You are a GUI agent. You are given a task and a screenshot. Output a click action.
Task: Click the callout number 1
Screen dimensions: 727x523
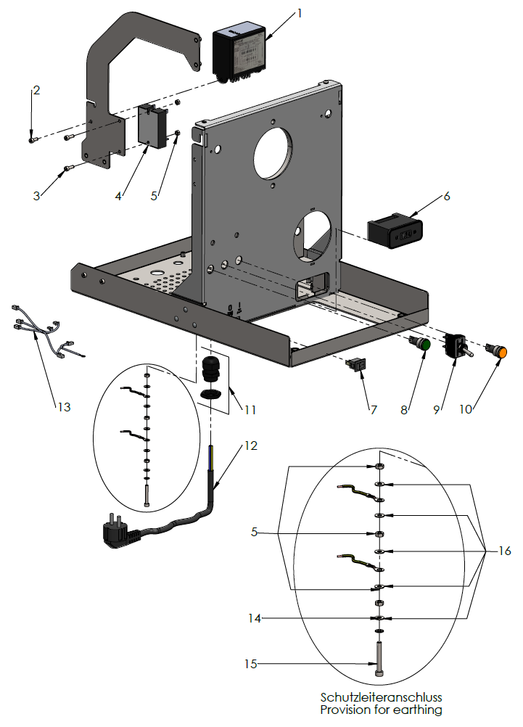click(x=297, y=13)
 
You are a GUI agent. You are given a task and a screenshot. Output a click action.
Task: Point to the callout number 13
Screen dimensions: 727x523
click(x=64, y=407)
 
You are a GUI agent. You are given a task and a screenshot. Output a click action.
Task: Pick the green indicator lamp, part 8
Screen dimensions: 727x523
click(x=420, y=345)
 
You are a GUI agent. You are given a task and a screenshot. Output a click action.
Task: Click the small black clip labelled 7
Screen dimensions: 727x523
click(x=355, y=364)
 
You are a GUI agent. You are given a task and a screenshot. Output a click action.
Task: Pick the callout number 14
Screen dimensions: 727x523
click(x=253, y=618)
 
